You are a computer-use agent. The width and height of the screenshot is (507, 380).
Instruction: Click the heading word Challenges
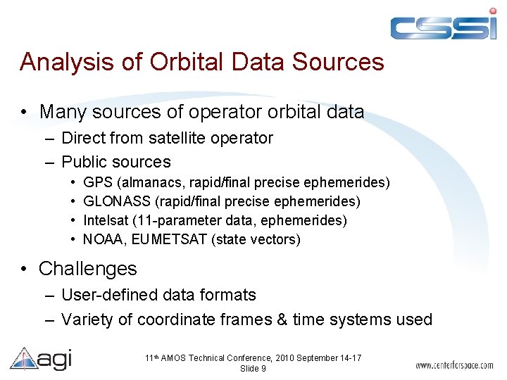click(x=88, y=269)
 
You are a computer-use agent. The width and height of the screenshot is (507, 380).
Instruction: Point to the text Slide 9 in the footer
click(x=253, y=369)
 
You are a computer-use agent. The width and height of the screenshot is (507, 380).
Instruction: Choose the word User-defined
click(x=106, y=295)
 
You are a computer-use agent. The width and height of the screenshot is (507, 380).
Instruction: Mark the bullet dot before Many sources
click(x=25, y=112)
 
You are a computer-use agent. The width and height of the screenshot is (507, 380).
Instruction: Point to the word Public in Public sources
click(x=84, y=162)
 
